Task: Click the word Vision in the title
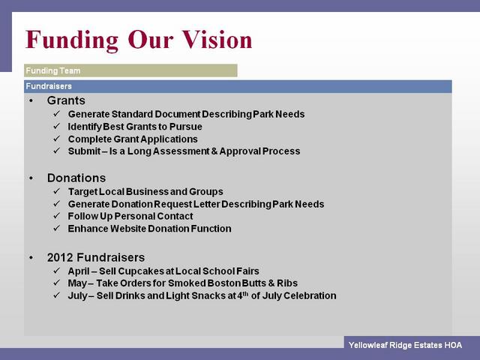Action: (217, 40)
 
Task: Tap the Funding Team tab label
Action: (53, 70)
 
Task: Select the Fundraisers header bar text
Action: (49, 86)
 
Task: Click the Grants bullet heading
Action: (66, 100)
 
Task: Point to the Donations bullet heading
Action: (76, 178)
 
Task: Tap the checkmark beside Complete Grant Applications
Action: (57, 139)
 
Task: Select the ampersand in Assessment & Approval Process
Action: (214, 151)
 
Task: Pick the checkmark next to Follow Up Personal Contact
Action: (57, 216)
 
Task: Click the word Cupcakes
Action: (141, 271)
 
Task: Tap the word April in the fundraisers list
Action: (79, 271)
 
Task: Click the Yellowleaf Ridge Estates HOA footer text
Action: (405, 345)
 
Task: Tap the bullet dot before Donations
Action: (31, 178)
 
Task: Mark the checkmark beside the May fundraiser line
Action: (57, 283)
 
